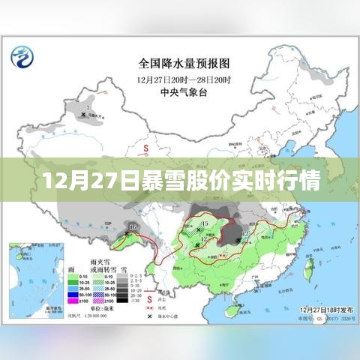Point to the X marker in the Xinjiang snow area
click(83, 114)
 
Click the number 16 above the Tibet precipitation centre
click(134, 226)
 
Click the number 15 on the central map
click(205, 223)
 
